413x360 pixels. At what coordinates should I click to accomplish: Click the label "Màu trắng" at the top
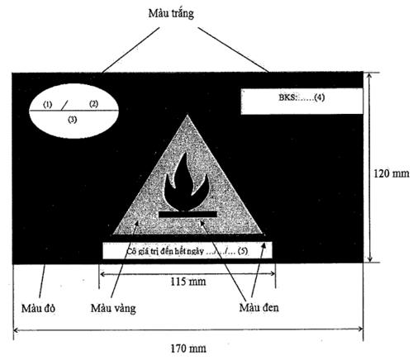coord(171,13)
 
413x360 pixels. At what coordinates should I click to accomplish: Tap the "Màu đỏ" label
coord(38,308)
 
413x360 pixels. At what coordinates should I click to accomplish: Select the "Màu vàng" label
coord(113,308)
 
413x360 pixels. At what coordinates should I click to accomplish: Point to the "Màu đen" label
coord(259,307)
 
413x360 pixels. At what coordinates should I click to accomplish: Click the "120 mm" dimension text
coord(392,173)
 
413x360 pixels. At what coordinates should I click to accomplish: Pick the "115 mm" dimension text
coord(188,282)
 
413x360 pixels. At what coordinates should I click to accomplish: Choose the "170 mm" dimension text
coord(188,348)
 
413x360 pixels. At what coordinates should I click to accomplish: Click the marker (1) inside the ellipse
coord(48,105)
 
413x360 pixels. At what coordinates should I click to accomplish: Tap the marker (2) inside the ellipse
coord(94,104)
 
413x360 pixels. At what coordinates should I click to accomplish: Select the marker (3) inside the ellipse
coord(73,120)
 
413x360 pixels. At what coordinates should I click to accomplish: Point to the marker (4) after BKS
coord(320,97)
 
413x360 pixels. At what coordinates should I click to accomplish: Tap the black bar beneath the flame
coord(188,214)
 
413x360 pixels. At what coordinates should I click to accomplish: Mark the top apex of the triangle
coord(188,115)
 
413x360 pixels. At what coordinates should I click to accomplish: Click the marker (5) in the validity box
coord(243,251)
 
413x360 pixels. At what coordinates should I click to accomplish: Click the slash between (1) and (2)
coord(64,105)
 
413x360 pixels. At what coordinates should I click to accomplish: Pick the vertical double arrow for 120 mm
coord(370,168)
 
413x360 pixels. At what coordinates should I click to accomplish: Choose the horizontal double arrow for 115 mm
coord(188,273)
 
